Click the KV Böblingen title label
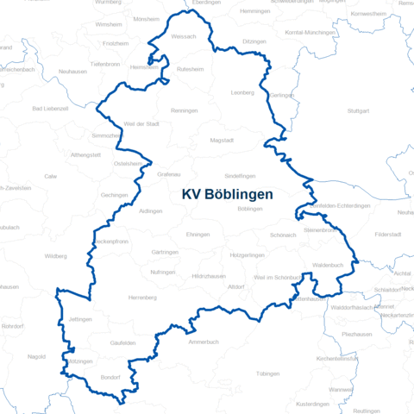227,195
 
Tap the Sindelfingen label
241,176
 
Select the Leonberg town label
244,92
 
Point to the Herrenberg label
142,298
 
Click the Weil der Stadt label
142,124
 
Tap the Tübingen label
268,374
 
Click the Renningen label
185,111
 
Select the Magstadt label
223,140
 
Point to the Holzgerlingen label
248,256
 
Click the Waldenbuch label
328,266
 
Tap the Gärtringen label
165,252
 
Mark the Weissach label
185,37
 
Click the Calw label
51,175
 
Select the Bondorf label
110,377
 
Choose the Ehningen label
198,235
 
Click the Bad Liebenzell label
49,109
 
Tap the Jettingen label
80,319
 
